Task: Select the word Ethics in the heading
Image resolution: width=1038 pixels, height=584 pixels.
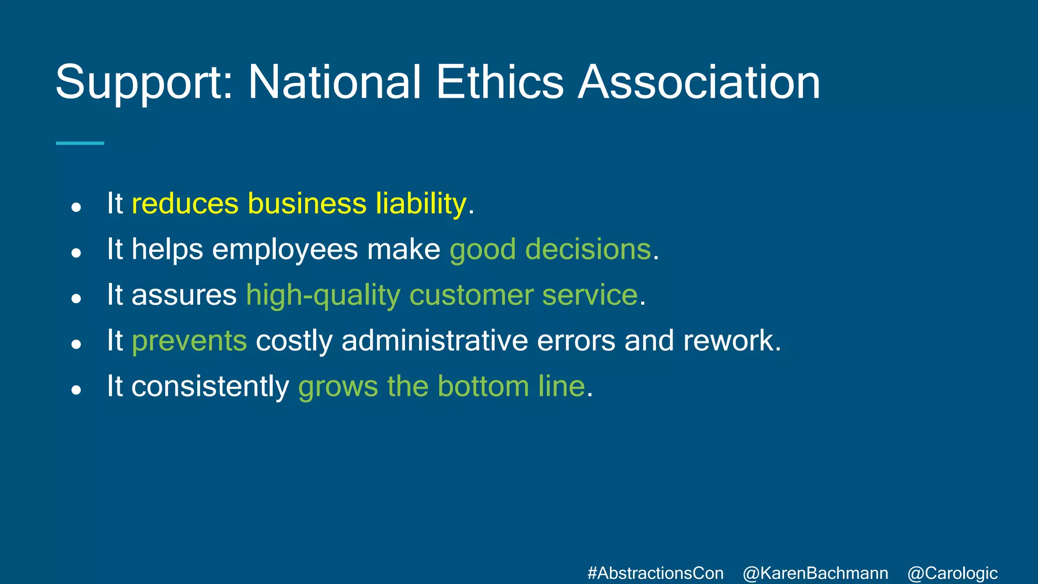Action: pyautogui.click(x=499, y=82)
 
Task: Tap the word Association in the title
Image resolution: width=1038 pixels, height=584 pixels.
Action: pyautogui.click(x=699, y=82)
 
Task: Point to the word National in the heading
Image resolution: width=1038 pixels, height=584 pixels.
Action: pyautogui.click(x=334, y=82)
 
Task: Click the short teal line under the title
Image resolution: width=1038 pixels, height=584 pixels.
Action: pyautogui.click(x=80, y=143)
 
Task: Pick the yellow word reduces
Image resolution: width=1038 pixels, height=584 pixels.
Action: pyautogui.click(x=185, y=204)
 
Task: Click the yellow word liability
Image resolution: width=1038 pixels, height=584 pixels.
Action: pyautogui.click(x=421, y=204)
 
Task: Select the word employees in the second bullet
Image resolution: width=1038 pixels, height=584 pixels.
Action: pyautogui.click(x=285, y=249)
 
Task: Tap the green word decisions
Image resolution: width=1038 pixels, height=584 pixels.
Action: pyautogui.click(x=588, y=249)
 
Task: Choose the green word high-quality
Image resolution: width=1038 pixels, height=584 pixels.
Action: pyautogui.click(x=323, y=295)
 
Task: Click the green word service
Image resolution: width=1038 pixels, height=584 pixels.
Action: pyautogui.click(x=589, y=295)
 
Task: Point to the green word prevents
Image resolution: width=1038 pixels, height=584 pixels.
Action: pyautogui.click(x=190, y=341)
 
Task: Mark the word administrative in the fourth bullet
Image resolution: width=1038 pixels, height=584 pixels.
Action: pyautogui.click(x=434, y=341)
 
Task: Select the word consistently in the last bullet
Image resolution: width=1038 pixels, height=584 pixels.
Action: pyautogui.click(x=210, y=386)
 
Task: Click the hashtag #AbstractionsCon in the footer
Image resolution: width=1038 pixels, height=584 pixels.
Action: pyautogui.click(x=655, y=573)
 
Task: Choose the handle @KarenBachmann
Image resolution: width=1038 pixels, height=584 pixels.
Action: pyautogui.click(x=815, y=573)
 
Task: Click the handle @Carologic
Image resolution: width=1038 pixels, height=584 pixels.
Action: pyautogui.click(x=952, y=573)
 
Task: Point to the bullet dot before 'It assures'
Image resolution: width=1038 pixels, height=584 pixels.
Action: pyautogui.click(x=77, y=299)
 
